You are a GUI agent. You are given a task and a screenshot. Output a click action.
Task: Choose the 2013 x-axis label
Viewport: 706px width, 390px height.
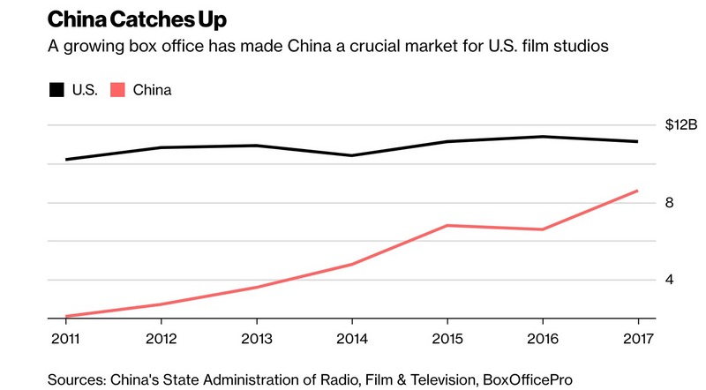click(x=256, y=338)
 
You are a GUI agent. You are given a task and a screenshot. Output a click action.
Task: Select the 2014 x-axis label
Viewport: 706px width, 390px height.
click(x=351, y=338)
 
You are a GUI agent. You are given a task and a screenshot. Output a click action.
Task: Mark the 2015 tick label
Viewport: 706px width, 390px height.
click(x=447, y=338)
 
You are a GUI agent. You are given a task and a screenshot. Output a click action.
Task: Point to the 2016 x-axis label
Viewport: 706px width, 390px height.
click(x=543, y=338)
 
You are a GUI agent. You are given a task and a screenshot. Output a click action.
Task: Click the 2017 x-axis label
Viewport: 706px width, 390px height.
click(x=637, y=338)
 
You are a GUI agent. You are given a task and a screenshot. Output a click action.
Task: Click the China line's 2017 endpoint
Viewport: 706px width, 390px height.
click(x=637, y=191)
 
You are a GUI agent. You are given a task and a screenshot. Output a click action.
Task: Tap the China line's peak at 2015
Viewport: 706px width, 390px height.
click(x=447, y=225)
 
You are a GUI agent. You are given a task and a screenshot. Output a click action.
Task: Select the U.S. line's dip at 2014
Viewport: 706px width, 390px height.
click(x=351, y=155)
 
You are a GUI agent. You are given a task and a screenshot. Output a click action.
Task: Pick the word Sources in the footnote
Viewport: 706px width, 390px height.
click(x=76, y=379)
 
